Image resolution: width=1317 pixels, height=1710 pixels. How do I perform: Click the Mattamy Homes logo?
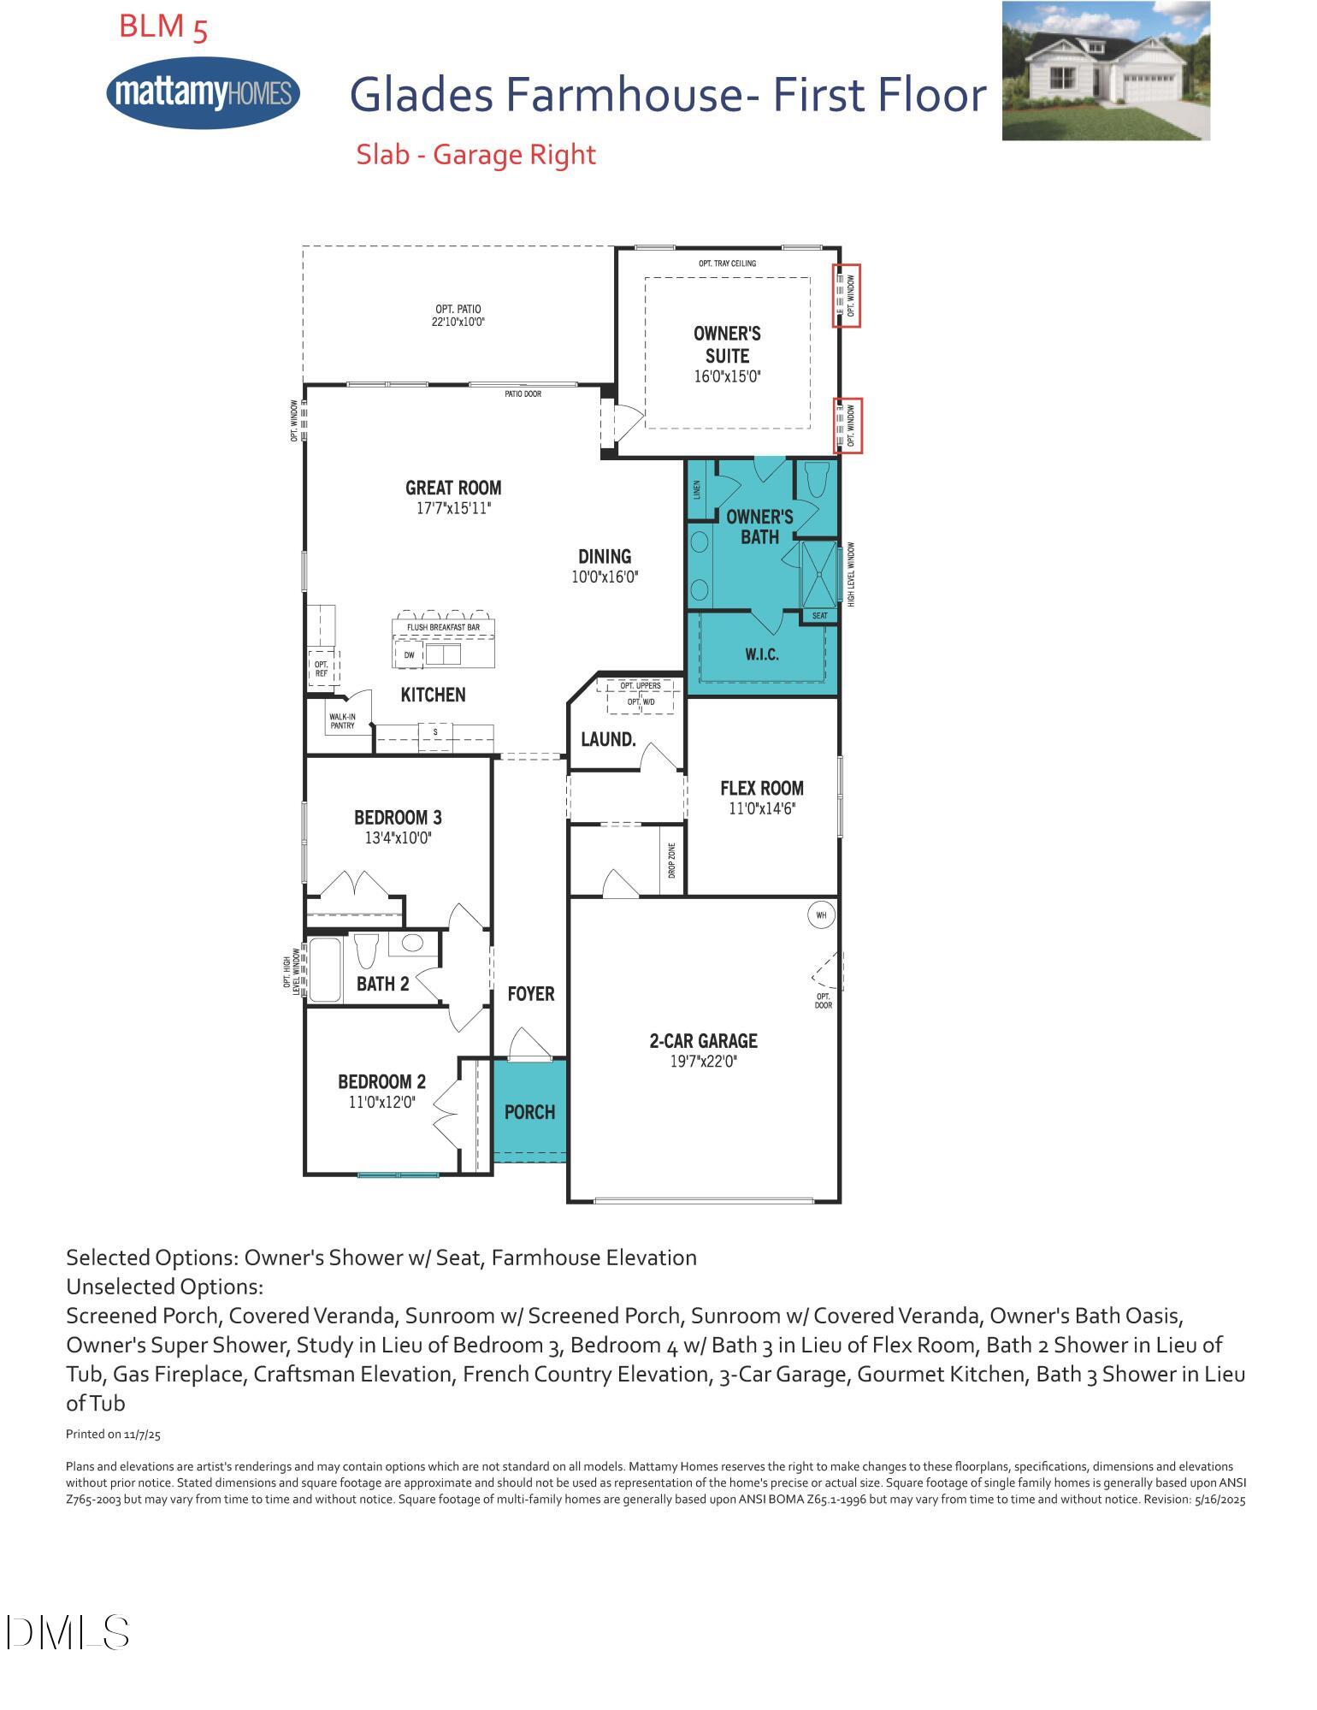(x=203, y=92)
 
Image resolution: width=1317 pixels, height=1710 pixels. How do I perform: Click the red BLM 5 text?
(x=162, y=27)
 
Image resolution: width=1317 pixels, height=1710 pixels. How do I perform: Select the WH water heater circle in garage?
(x=821, y=915)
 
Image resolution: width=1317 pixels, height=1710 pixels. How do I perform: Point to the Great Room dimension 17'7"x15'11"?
(x=453, y=508)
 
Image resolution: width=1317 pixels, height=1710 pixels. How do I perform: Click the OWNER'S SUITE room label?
(x=727, y=345)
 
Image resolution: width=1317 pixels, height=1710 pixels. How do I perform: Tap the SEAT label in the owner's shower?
(x=819, y=616)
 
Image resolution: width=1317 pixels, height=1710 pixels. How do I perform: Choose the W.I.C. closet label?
(x=761, y=655)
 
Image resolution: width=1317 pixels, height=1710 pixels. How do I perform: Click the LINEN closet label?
(x=697, y=489)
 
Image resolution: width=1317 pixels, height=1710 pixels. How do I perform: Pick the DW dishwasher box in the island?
(x=409, y=655)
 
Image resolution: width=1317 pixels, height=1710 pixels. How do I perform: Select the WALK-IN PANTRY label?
(x=342, y=721)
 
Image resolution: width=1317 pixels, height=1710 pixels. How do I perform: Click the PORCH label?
(x=529, y=1112)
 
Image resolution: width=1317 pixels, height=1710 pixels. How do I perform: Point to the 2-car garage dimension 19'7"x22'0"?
(x=703, y=1062)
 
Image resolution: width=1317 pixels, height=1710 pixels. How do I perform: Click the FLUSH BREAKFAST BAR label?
(x=443, y=627)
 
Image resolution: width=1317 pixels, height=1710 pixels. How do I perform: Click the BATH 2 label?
(x=382, y=984)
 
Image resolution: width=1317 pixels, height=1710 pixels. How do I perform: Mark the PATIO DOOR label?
(x=523, y=393)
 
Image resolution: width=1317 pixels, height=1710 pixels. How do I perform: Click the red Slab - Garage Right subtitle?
(x=475, y=155)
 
